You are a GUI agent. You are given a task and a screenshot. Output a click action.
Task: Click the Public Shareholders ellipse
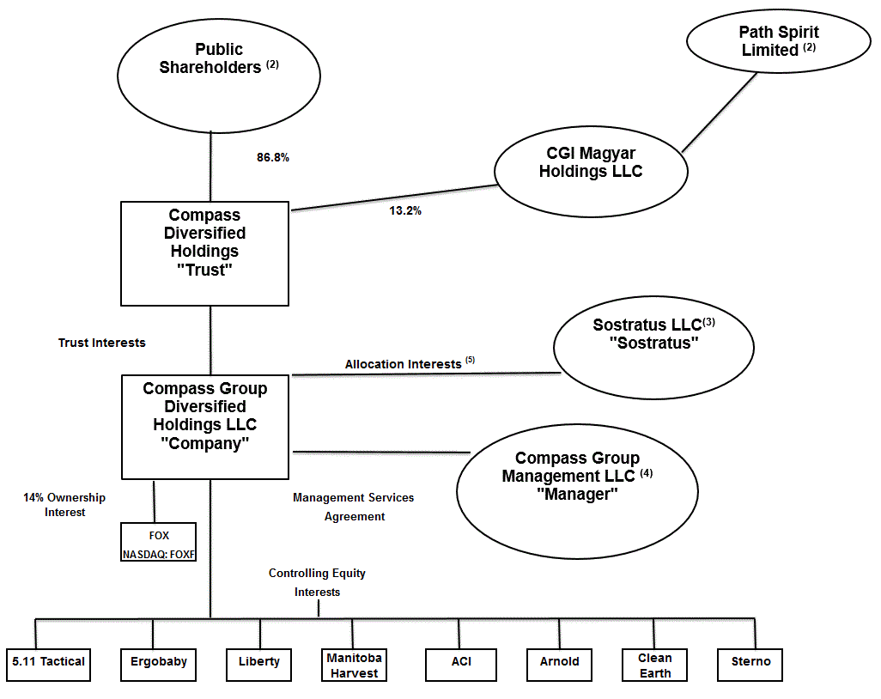coord(218,75)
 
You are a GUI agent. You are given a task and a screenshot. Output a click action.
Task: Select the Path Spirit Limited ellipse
coord(779,43)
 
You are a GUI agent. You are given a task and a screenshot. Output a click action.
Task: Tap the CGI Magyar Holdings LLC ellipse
coord(592,170)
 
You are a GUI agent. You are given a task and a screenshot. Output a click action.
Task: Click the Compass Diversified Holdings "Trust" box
coord(204,253)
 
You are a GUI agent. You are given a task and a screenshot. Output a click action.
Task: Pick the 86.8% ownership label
coord(273,158)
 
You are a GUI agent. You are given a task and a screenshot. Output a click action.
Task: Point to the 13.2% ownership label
coord(405,210)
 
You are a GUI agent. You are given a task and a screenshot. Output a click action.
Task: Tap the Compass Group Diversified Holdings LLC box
coord(204,426)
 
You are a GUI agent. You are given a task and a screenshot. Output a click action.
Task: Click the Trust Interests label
coord(101,343)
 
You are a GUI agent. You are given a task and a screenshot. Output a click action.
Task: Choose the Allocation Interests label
coord(404,364)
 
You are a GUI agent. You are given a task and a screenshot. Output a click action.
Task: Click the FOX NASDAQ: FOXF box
coord(159,543)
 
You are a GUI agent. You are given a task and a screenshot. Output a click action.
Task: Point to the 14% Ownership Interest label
coord(64,505)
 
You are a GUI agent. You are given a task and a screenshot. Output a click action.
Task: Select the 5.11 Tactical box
coord(49,662)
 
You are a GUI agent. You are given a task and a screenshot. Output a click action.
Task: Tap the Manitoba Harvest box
coord(354,665)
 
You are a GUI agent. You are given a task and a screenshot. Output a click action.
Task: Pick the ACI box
coord(461,662)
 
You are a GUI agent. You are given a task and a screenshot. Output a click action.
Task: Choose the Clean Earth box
coord(654,665)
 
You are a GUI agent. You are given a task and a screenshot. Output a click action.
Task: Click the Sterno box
coord(750,662)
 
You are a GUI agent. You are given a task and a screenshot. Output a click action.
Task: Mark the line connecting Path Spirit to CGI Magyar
coord(720,112)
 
